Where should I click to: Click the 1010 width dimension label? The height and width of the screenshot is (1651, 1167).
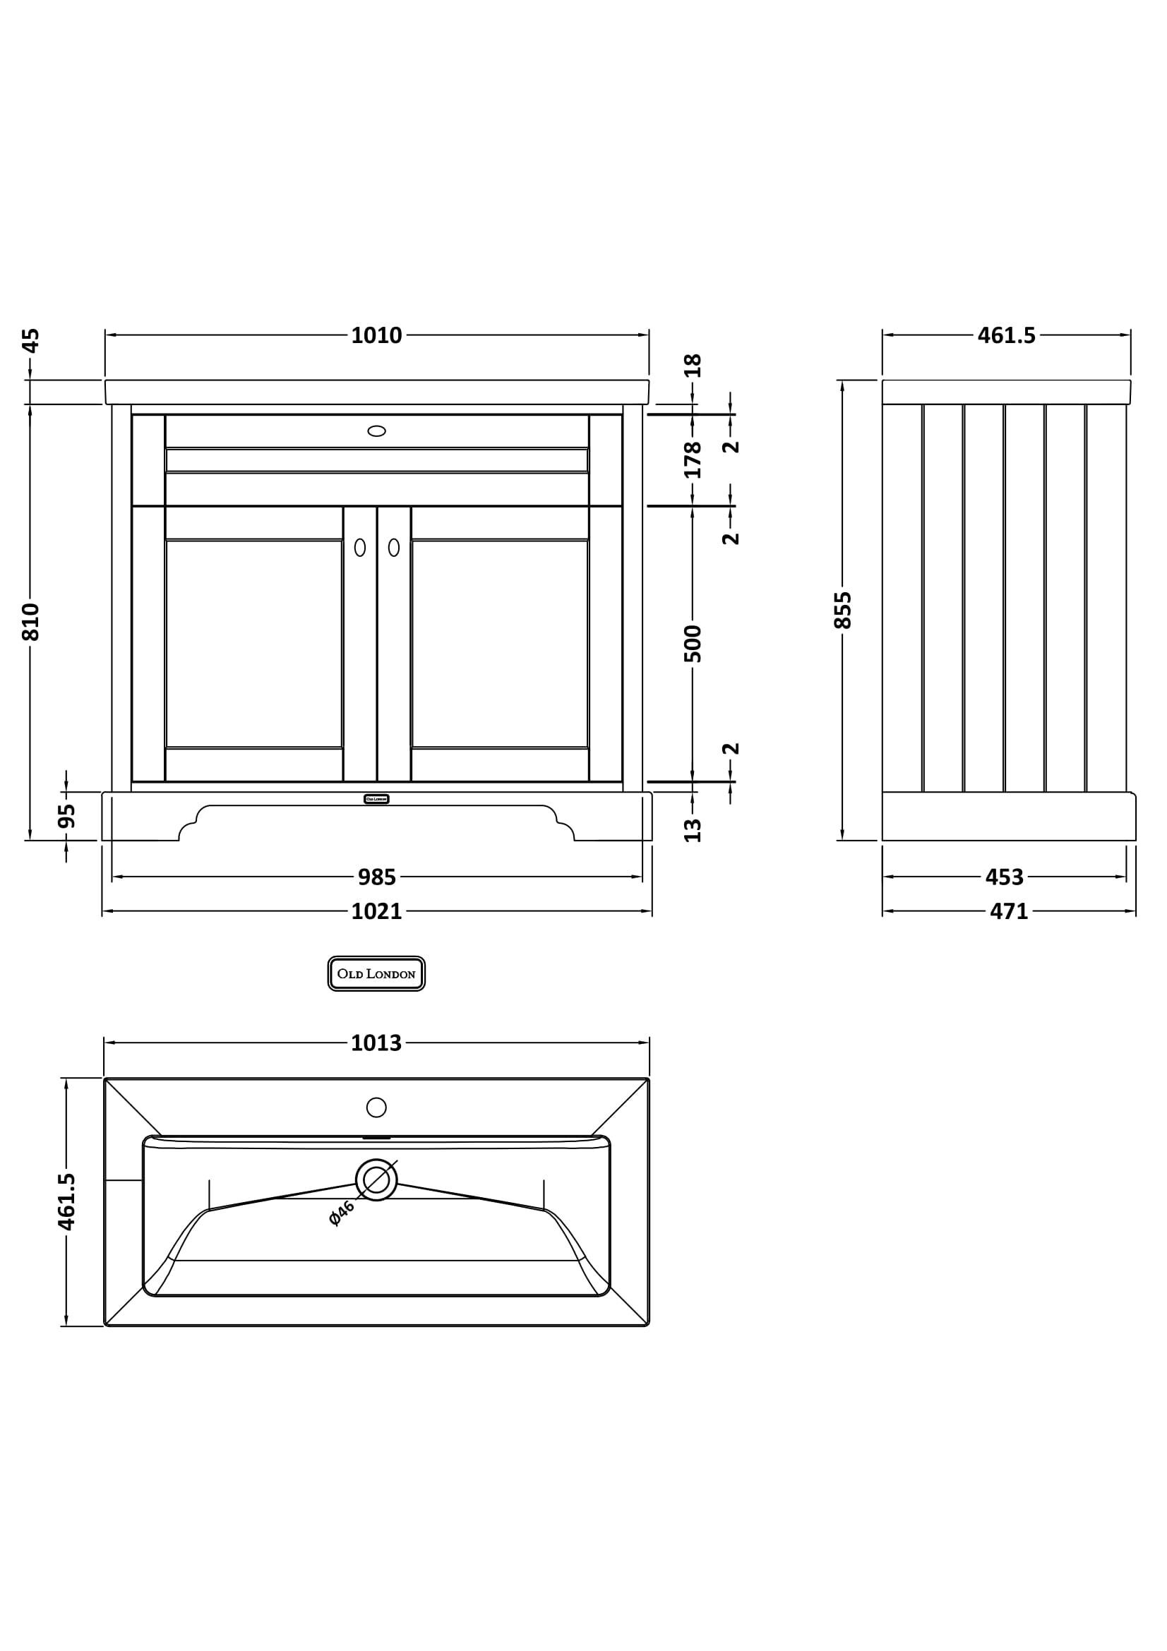click(x=376, y=335)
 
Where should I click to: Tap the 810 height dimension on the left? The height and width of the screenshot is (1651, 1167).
click(x=31, y=621)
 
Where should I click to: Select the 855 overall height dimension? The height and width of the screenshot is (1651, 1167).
click(x=843, y=610)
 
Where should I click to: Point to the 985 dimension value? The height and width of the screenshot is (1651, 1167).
click(x=377, y=877)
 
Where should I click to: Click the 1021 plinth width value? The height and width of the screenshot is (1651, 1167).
click(x=376, y=911)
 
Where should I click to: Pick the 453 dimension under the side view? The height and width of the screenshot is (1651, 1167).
click(x=1004, y=877)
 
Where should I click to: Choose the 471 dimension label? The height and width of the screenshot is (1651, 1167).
click(x=1009, y=911)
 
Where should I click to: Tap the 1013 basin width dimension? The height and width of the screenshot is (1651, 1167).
click(x=376, y=1043)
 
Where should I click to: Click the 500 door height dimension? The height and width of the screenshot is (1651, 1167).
click(x=693, y=644)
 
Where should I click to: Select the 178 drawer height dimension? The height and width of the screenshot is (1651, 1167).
click(x=693, y=460)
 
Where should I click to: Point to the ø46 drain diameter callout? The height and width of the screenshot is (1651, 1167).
click(x=342, y=1213)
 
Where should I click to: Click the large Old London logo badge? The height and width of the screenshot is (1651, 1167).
click(x=376, y=973)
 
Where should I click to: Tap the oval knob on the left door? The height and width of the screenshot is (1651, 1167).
click(x=359, y=547)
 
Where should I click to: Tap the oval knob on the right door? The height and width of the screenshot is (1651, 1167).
click(x=394, y=547)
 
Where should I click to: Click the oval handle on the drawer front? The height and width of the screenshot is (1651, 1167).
click(x=376, y=431)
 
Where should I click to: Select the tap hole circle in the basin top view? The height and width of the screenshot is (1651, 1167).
click(x=376, y=1107)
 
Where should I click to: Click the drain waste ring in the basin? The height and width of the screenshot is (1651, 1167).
click(x=376, y=1180)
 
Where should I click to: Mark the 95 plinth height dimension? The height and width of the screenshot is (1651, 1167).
click(x=67, y=816)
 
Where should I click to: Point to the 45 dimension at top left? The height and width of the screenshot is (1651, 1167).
click(x=31, y=340)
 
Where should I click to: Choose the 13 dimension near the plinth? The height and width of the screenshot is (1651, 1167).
click(x=693, y=830)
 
